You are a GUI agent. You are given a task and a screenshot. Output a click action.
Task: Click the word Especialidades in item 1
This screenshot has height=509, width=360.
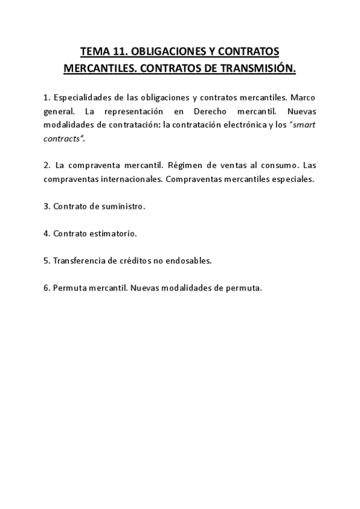click(82, 97)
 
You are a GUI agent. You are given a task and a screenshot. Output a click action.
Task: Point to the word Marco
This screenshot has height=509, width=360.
click(302, 97)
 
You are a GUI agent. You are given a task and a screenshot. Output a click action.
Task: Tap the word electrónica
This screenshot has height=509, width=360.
click(232, 125)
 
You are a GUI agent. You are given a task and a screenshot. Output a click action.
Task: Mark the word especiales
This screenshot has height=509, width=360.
click(292, 179)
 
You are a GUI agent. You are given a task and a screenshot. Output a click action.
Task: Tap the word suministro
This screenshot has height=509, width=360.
click(123, 206)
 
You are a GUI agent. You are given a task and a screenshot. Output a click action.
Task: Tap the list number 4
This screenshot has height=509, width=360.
click(46, 233)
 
